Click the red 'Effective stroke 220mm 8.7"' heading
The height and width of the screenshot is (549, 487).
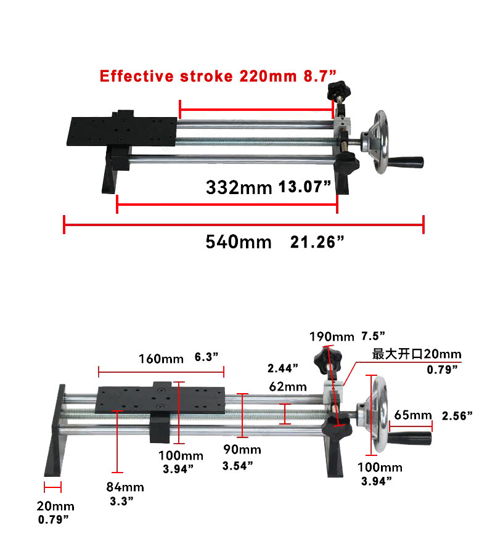click(218, 76)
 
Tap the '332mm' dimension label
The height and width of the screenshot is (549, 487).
click(239, 187)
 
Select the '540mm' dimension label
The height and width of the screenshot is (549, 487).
click(238, 242)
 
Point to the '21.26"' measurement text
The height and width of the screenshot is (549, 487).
click(317, 242)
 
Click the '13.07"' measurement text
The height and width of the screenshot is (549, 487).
click(305, 187)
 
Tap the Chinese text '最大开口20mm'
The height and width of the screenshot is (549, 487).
click(417, 354)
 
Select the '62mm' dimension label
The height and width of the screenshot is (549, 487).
click(287, 387)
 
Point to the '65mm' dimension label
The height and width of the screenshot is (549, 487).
click(412, 415)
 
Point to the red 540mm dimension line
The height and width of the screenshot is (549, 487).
click(243, 225)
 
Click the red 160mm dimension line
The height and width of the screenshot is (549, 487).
click(161, 372)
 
